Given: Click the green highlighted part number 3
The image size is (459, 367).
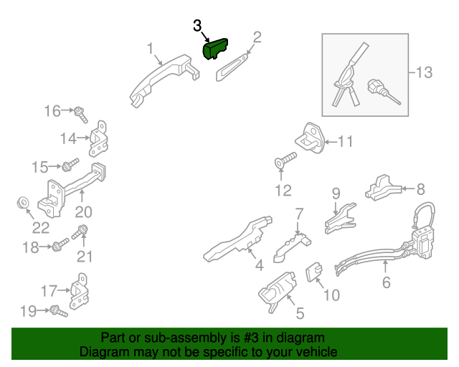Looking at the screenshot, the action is pyautogui.click(x=215, y=49).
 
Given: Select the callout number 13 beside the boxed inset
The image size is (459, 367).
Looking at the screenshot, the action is pyautogui.click(x=424, y=72).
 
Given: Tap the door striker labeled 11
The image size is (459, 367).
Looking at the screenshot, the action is pyautogui.click(x=310, y=139).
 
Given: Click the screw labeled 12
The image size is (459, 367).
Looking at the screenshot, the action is pyautogui.click(x=285, y=161).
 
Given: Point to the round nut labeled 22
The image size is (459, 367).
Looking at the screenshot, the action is pyautogui.click(x=22, y=203).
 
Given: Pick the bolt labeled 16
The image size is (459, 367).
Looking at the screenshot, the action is pyautogui.click(x=80, y=115).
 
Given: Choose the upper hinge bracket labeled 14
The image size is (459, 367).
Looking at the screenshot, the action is pyautogui.click(x=99, y=139).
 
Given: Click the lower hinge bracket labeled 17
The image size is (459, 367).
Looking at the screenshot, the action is pyautogui.click(x=80, y=292).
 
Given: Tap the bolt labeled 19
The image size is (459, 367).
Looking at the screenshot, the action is pyautogui.click(x=59, y=311).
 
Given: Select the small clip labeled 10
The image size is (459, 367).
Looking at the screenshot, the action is pyautogui.click(x=314, y=272).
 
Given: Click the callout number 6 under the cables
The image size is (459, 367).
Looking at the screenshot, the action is pyautogui.click(x=387, y=282).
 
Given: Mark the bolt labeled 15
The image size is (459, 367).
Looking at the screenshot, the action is pyautogui.click(x=70, y=165).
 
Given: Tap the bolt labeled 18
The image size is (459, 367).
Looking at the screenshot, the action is pyautogui.click(x=60, y=245).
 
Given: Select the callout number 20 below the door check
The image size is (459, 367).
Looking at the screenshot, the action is pyautogui.click(x=83, y=212).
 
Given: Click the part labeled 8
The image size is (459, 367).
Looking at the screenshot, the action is pyautogui.click(x=383, y=188).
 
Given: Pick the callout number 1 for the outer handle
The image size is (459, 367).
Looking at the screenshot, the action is pyautogui.click(x=150, y=49).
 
